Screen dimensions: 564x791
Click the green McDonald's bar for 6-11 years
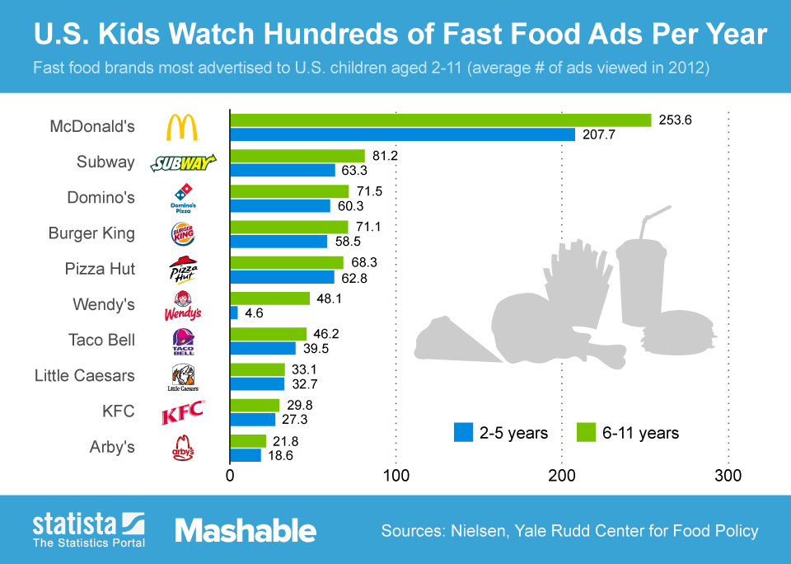tap(440, 120)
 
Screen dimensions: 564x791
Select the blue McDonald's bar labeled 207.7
tap(402, 134)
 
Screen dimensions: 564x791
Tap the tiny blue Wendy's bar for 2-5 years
tap(234, 313)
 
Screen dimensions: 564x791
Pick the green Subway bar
tap(297, 156)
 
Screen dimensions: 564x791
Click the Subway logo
tap(182, 162)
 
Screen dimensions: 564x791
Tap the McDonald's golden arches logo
tap(182, 128)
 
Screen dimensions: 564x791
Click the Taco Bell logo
tap(182, 341)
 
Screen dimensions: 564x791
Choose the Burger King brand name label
tap(91, 233)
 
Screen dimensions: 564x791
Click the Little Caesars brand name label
tap(84, 375)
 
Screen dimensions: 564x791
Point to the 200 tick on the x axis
tap(562, 476)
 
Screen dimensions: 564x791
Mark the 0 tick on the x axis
tap(230, 476)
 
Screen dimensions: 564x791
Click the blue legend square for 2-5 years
tap(462, 432)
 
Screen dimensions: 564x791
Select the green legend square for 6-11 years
tap(586, 432)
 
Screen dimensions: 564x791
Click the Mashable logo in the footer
tap(245, 530)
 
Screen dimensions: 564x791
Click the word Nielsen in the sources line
tap(480, 530)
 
